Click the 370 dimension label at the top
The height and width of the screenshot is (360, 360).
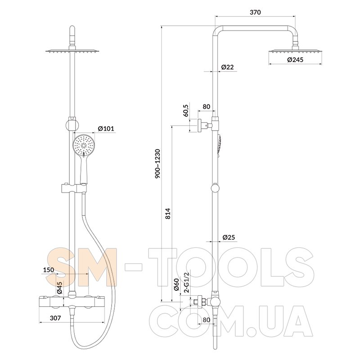(255, 12)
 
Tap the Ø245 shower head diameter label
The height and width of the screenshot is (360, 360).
(295, 60)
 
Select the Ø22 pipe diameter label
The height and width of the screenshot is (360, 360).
(227, 67)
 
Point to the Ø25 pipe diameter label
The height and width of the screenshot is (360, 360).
(229, 237)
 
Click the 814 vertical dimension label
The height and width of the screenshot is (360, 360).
(168, 213)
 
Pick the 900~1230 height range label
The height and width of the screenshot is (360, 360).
(158, 164)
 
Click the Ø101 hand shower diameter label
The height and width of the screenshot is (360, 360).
(106, 128)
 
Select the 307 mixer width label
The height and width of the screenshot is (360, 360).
(55, 318)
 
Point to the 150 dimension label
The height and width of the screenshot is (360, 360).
(49, 270)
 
